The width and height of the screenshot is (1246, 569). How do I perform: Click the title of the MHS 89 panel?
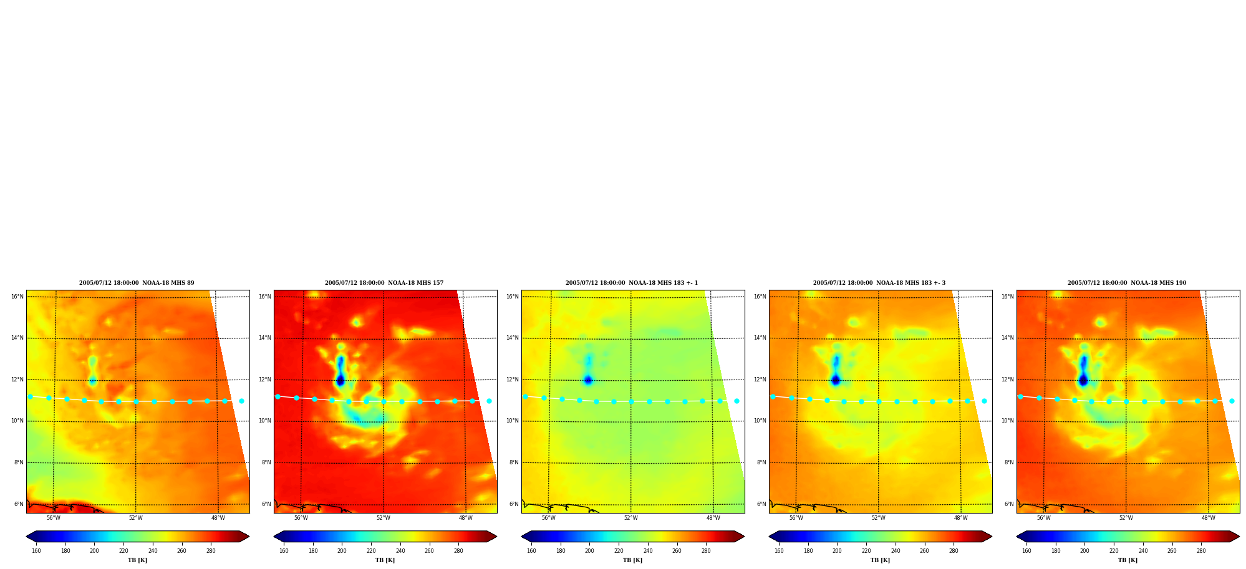coord(137,283)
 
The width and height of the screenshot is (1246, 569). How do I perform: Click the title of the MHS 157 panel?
coord(384,283)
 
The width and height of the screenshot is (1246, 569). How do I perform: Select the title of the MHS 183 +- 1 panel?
coord(632,283)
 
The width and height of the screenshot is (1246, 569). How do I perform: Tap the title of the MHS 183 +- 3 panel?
coord(879,283)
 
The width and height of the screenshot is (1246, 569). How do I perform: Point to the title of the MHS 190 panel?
coord(1127,283)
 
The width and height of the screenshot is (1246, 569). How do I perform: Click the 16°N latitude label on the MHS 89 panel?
coord(17,297)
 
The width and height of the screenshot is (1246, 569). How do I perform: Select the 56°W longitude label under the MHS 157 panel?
coord(301,518)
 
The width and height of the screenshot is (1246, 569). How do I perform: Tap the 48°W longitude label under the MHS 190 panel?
coord(1209,518)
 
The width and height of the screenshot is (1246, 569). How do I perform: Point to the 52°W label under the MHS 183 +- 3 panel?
coord(879,518)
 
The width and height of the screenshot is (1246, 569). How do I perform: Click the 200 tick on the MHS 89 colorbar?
coord(94,551)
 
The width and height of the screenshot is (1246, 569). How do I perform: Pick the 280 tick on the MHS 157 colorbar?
coord(458,551)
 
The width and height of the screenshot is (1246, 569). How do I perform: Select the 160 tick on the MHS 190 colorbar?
coord(1026,551)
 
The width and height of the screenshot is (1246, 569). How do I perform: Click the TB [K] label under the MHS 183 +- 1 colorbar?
coord(632,560)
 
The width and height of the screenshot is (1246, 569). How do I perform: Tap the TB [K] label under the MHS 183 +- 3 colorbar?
coord(880,560)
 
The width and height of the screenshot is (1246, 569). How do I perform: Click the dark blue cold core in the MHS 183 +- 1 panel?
coord(587,380)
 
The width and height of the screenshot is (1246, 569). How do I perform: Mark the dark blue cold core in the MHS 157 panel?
coord(340,380)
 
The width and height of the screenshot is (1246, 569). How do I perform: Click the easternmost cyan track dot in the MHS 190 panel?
coord(1232,401)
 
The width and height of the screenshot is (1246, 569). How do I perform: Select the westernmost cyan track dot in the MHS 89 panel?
coord(30,396)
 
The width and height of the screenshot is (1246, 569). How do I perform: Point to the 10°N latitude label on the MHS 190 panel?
coord(1008,421)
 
